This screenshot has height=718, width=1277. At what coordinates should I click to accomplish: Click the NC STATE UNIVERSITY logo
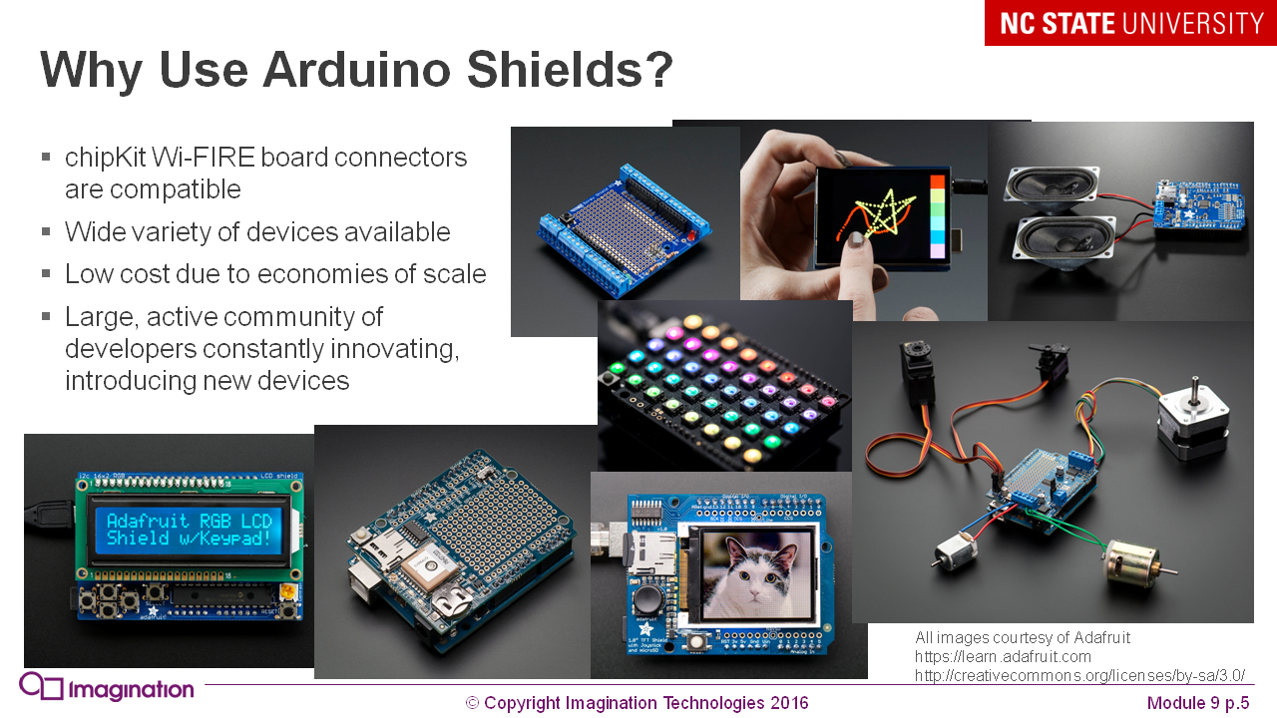pos(1131,23)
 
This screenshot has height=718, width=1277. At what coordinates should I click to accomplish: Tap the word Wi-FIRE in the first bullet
pos(204,158)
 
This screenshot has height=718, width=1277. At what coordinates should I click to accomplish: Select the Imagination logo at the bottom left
pos(107,688)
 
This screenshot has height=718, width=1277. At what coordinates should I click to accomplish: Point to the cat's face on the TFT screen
pos(754,572)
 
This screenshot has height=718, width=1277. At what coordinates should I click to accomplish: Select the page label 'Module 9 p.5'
pos(1197,703)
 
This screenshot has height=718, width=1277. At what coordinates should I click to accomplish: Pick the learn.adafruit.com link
pos(1003,657)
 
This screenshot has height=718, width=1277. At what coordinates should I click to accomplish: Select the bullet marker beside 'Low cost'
pos(46,273)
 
